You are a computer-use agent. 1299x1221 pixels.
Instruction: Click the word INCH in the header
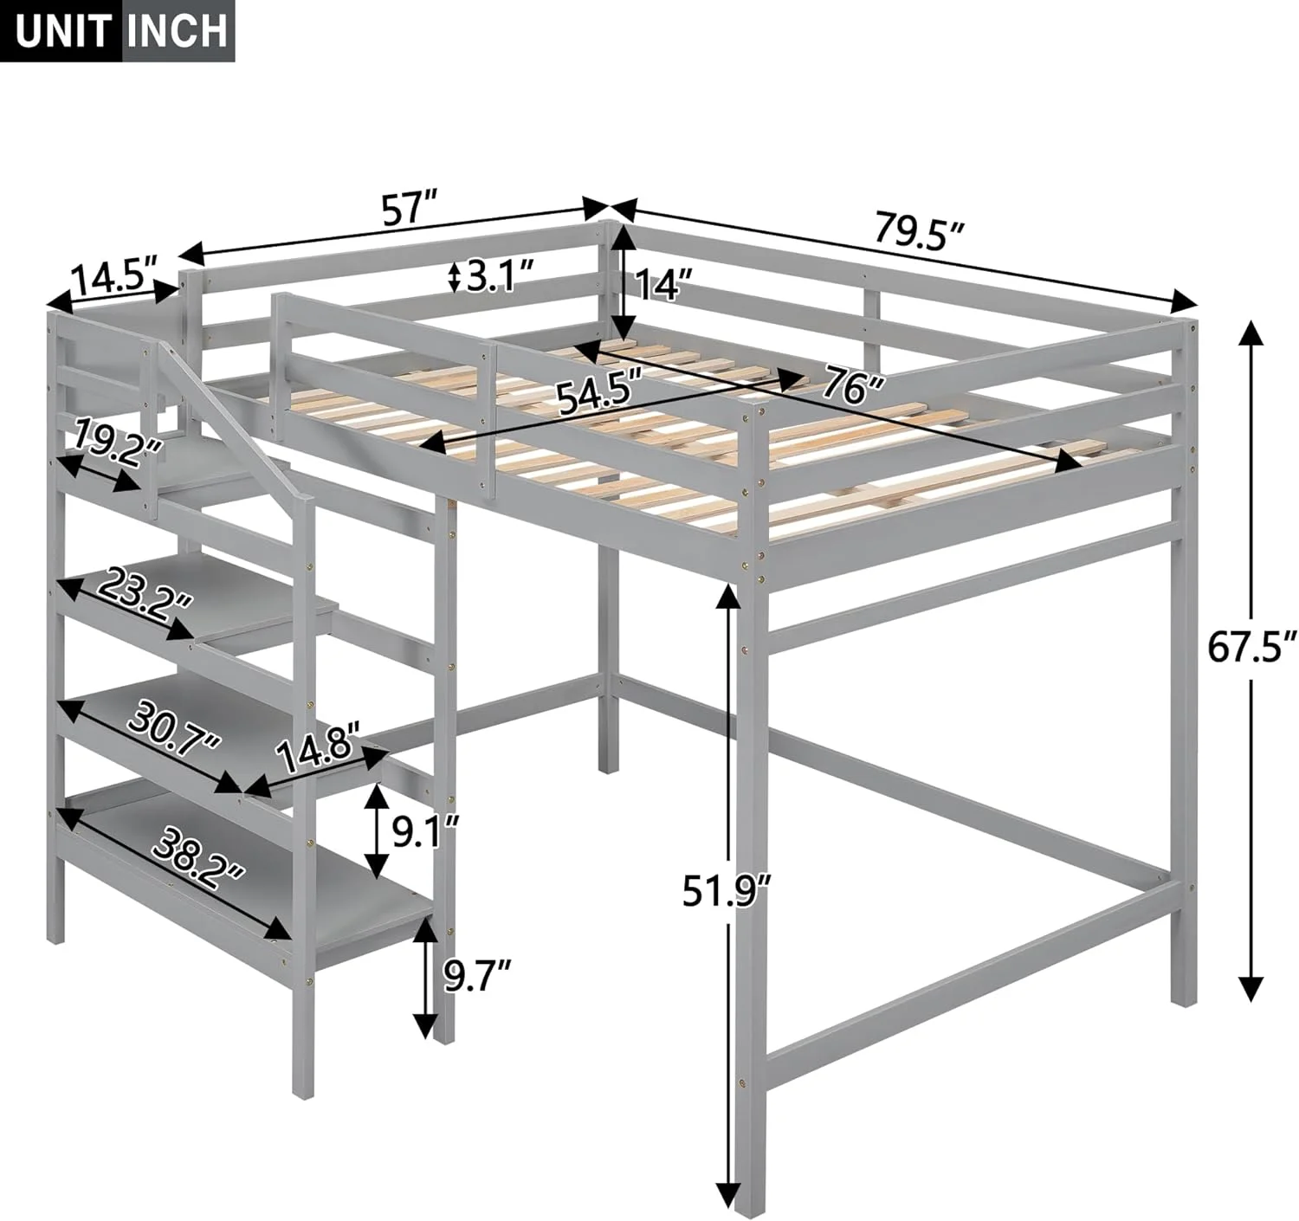point(178,30)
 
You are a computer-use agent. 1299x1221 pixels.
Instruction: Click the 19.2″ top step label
point(117,444)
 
